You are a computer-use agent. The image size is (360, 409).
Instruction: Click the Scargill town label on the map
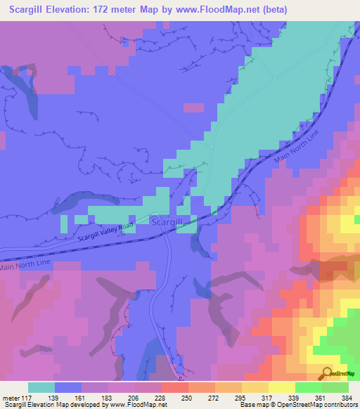(x=167, y=221)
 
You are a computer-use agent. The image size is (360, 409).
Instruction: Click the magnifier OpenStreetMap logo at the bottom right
(x=327, y=373)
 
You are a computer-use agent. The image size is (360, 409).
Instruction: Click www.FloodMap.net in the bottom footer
(x=135, y=404)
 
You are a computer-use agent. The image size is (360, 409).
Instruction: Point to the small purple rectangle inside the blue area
(x=193, y=107)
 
